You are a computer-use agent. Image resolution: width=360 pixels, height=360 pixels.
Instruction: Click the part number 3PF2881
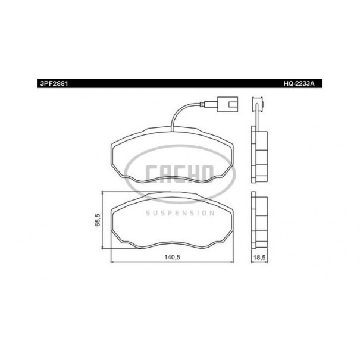[54, 83]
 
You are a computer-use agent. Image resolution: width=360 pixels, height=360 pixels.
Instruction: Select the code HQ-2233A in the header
[299, 83]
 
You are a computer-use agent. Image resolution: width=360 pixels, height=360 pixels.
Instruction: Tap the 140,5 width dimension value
[172, 257]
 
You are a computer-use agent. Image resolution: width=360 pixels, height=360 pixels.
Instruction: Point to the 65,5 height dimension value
[98, 220]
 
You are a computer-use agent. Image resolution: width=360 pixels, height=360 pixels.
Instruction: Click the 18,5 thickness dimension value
[259, 258]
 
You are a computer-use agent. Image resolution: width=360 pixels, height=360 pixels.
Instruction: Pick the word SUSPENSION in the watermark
[180, 213]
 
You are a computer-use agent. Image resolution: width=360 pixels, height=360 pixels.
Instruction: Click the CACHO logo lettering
[180, 174]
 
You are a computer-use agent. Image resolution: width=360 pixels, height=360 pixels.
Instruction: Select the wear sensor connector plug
[227, 104]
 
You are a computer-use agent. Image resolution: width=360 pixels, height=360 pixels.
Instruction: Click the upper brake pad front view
[172, 154]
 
